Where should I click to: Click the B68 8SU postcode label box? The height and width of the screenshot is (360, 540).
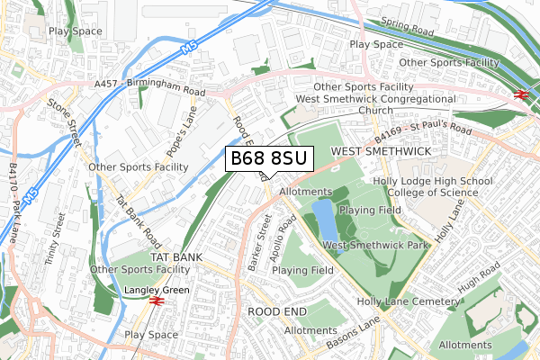(x=269, y=159)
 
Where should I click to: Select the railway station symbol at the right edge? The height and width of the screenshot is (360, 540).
(x=520, y=92)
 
